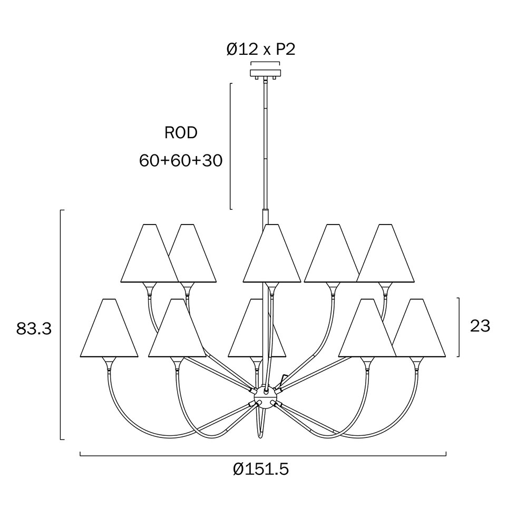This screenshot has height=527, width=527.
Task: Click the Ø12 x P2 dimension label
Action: (261, 50)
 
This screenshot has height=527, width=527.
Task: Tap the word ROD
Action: (181, 133)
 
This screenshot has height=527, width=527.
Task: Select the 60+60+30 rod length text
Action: (181, 161)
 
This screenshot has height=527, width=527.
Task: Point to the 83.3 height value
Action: (34, 329)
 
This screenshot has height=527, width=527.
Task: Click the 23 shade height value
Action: (480, 326)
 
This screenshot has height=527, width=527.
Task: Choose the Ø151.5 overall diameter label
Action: (261, 469)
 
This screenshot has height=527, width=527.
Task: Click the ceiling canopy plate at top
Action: (265, 73)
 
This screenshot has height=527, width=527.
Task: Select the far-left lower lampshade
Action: (109, 328)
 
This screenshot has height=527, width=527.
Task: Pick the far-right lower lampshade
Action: (419, 328)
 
